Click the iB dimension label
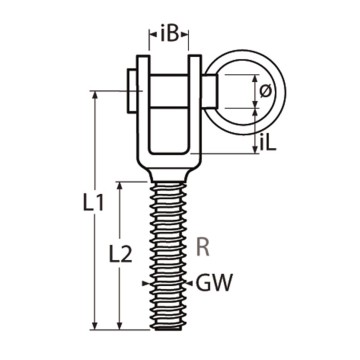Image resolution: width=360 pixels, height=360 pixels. (170, 34)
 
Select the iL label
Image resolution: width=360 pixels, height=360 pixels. (266, 143)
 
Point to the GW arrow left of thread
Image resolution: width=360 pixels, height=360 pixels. (149, 283)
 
